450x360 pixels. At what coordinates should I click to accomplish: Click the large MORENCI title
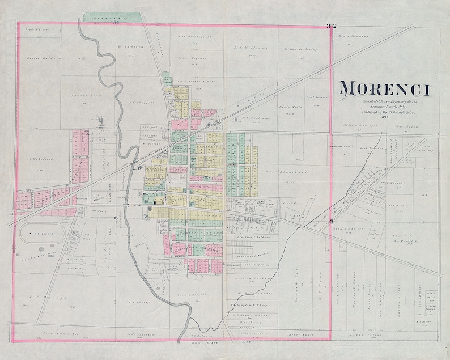tap(384, 90)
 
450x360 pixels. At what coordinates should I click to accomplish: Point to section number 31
tap(116, 23)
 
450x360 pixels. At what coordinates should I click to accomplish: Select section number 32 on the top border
tap(331, 26)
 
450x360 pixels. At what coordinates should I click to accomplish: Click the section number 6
tap(116, 218)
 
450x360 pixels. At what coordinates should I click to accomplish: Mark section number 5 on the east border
tap(330, 222)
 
